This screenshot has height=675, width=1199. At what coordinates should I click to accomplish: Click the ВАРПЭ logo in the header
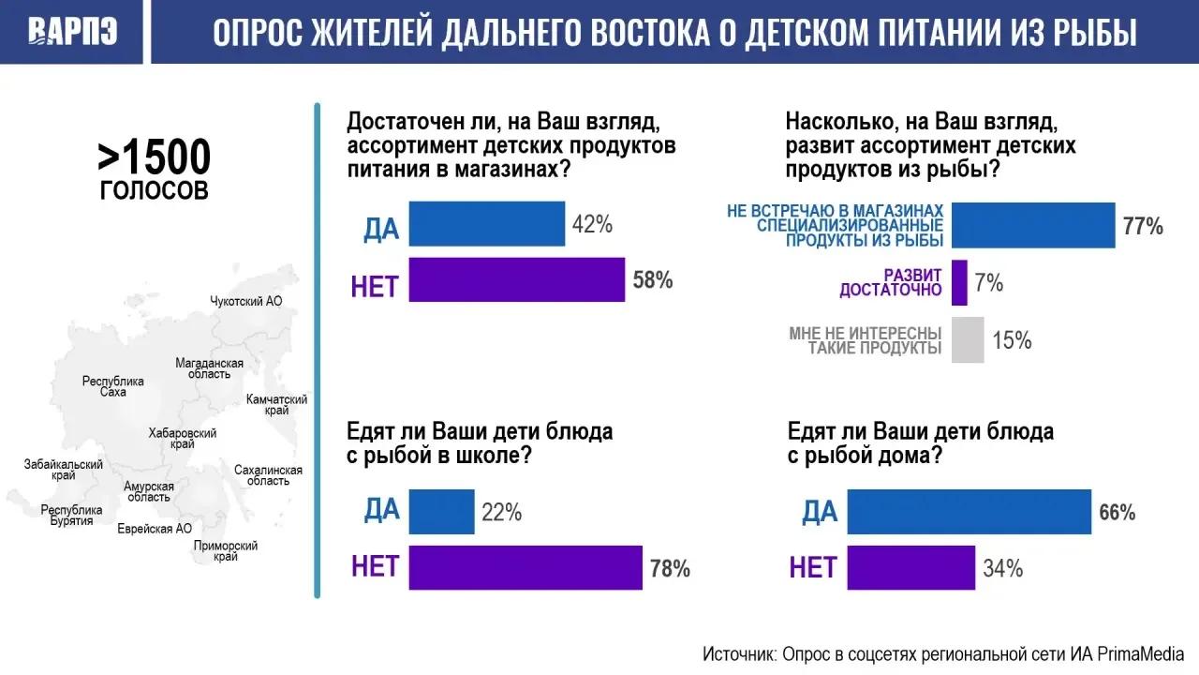tap(73, 31)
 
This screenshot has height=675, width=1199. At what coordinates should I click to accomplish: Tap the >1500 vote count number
tap(155, 157)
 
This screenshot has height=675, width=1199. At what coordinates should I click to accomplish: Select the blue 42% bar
tap(486, 224)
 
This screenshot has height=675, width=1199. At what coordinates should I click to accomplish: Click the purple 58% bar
tap(516, 279)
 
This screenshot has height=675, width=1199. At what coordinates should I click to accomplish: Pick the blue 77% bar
tap(1033, 225)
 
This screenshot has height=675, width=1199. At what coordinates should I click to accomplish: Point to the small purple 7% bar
tap(959, 283)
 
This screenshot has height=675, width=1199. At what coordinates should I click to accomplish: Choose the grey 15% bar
tap(968, 340)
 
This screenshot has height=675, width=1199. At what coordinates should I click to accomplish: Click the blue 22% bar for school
tap(441, 512)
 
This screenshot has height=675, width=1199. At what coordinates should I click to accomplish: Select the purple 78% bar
tap(525, 568)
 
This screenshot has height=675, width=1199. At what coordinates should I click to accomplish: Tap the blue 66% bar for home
tap(969, 512)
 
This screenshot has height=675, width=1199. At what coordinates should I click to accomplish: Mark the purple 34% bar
tap(911, 568)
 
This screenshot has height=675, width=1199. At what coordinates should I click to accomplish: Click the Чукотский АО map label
tap(245, 301)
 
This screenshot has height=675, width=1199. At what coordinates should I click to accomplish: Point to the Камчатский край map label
tap(276, 405)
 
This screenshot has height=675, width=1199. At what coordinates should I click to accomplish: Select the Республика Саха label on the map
tap(113, 386)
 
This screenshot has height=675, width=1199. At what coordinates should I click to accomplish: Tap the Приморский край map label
tap(226, 551)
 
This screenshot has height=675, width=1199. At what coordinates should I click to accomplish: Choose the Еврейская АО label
tap(155, 529)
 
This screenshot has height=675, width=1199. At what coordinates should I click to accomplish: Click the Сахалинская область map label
tap(268, 475)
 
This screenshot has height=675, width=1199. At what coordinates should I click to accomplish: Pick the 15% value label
tap(1012, 340)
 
